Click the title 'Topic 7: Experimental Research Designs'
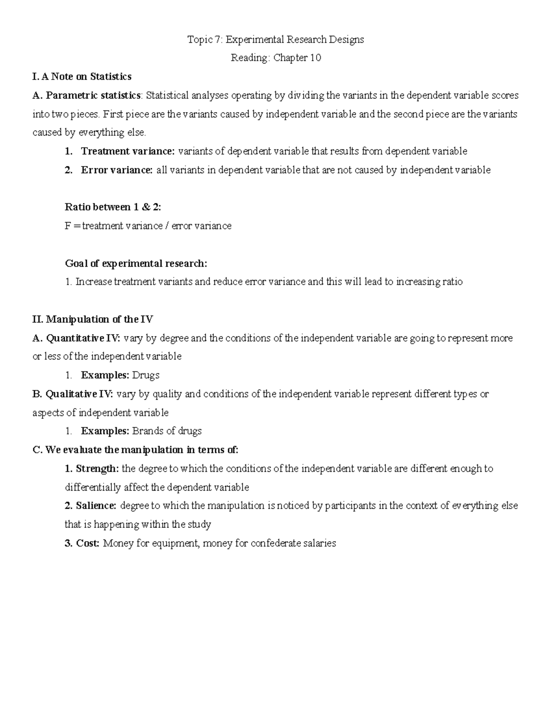(x=276, y=40)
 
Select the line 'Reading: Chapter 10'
(x=276, y=58)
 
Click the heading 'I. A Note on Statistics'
(x=82, y=76)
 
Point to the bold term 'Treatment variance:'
(x=128, y=151)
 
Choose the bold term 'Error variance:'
(x=117, y=170)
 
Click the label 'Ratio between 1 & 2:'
(x=113, y=207)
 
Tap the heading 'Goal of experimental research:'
(x=136, y=263)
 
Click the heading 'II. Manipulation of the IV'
(x=93, y=319)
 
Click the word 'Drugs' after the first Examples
(x=146, y=375)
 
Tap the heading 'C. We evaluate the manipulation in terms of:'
(x=136, y=450)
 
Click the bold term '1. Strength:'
(x=92, y=468)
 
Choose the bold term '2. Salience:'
(x=91, y=506)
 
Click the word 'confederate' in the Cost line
(x=276, y=543)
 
